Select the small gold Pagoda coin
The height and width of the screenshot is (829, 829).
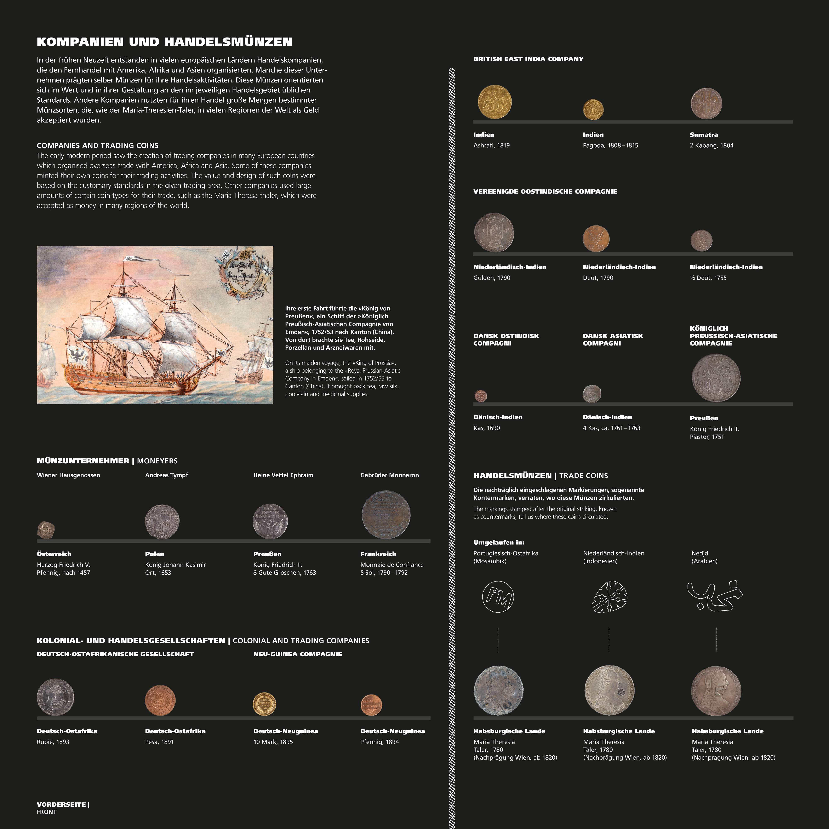coord(593,109)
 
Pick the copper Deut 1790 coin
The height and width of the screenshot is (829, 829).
coord(596,239)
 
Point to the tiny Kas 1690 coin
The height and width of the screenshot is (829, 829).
coord(481,396)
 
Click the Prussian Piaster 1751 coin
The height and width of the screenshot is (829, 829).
coord(716,378)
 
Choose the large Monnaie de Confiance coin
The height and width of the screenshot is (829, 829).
coord(386,514)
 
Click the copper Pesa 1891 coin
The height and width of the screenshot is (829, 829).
coord(160,700)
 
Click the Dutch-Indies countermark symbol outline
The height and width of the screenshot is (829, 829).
coord(609,596)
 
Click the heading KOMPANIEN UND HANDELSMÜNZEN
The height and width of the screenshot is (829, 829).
coord(164,42)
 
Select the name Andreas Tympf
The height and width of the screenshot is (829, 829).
coord(166,475)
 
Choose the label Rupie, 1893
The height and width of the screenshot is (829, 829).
coord(53,742)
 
